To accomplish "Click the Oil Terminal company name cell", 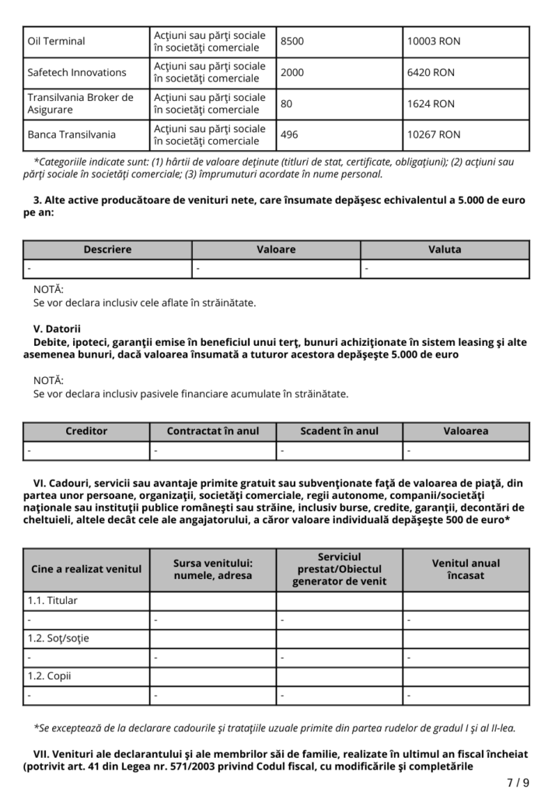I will (57, 41).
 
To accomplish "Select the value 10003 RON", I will (434, 41).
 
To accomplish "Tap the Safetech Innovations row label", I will (77, 72).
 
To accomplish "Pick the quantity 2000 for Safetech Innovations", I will (293, 72).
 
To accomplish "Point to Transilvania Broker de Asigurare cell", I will (80, 103).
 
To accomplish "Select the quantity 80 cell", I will (287, 103).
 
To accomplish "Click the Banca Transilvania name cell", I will (72, 134).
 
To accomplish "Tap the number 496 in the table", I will (289, 134).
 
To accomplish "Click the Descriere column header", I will (107, 250).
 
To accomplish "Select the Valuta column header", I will (445, 250).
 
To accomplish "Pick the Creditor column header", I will (86, 431).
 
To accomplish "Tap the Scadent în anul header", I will (339, 431).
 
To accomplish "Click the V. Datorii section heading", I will (58, 329).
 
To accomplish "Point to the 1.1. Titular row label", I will (53, 601).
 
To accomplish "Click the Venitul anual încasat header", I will (466, 569).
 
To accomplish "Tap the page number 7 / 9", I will (518, 782).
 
